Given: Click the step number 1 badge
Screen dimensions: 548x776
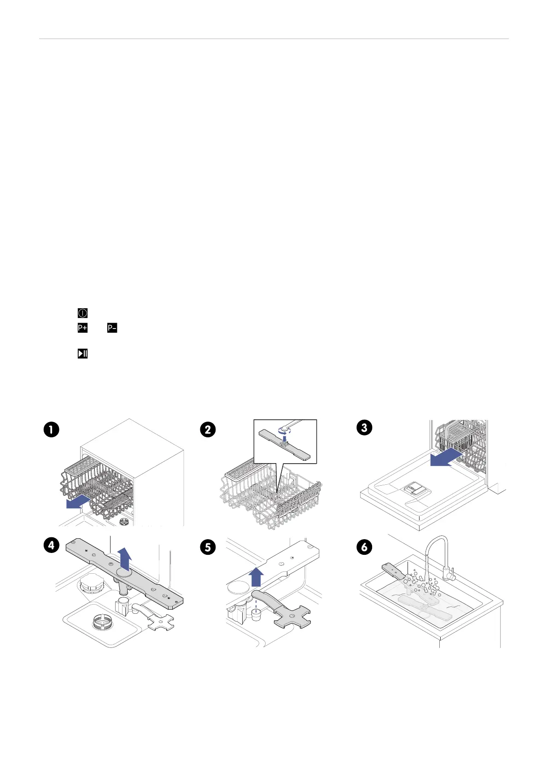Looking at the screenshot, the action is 51,429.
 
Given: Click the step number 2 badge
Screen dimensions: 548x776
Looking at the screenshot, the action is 208,429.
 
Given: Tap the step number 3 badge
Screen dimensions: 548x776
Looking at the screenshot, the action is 364,427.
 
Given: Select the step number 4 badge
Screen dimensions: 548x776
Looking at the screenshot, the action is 51,545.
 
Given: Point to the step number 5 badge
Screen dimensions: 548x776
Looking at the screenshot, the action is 208,547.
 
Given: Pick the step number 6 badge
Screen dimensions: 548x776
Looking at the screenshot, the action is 364,547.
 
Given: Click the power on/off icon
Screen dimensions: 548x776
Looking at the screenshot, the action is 82,313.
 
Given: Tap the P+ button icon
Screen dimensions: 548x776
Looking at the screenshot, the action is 82,328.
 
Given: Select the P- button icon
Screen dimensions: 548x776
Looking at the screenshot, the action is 112,328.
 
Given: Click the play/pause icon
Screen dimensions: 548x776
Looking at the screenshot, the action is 82,353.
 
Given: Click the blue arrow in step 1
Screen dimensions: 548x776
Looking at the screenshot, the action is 78,502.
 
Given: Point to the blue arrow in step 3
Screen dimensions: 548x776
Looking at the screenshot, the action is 446,458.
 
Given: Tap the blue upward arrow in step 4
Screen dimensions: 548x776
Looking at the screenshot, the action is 124,559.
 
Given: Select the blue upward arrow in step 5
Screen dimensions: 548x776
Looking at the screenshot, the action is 256,577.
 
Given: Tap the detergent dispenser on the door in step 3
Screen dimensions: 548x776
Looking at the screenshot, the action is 417,490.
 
